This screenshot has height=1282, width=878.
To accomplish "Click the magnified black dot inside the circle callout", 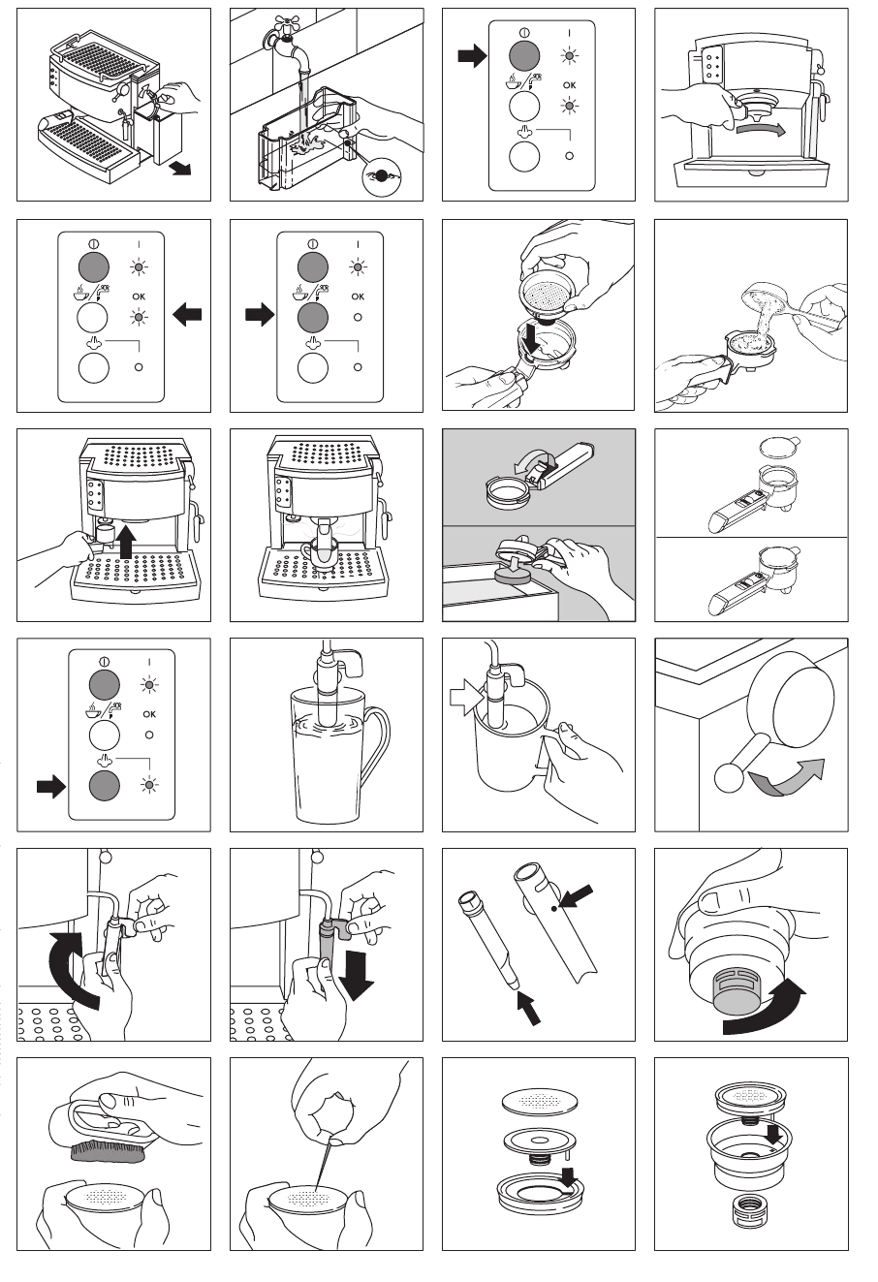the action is pyautogui.click(x=381, y=175).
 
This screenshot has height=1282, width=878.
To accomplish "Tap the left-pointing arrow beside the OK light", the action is pyautogui.click(x=187, y=314).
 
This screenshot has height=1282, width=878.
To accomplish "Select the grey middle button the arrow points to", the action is pyautogui.click(x=313, y=317).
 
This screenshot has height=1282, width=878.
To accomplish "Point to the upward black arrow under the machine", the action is pyautogui.click(x=127, y=542).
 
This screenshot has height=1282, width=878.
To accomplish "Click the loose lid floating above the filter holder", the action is pyautogui.click(x=779, y=446).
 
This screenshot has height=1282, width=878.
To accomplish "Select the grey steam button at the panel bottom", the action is pyautogui.click(x=105, y=785).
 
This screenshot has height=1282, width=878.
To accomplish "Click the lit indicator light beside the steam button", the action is pyautogui.click(x=149, y=785).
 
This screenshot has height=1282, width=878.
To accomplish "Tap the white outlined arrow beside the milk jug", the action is pyautogui.click(x=466, y=697).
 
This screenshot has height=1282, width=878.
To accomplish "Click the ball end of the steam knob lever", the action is pyautogui.click(x=729, y=778).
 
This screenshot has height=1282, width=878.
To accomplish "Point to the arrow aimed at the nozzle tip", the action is pyautogui.click(x=529, y=1008).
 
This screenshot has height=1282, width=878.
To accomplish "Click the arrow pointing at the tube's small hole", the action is pyautogui.click(x=576, y=896).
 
